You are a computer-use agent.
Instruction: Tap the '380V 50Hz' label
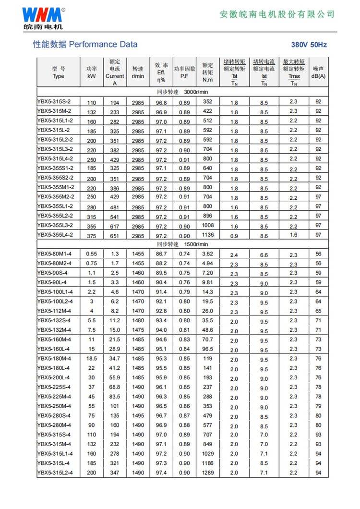tap(309, 45)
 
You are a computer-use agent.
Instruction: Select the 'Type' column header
tap(58, 76)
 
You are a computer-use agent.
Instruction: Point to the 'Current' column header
tap(115, 76)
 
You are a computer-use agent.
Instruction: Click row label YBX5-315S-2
tap(53, 101)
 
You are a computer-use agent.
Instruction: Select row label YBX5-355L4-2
tap(55, 235)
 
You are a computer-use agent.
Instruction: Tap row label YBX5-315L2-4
tap(55, 473)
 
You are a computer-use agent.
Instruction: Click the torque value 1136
tap(207, 235)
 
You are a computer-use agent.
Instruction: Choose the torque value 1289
tap(207, 473)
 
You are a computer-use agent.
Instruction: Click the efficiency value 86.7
tap(161, 253)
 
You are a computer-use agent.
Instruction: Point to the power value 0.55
tap(91, 253)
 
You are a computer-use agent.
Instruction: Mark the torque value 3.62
tap(207, 253)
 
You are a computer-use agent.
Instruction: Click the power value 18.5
tap(91, 358)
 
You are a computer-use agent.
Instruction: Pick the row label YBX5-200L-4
tap(53, 377)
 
